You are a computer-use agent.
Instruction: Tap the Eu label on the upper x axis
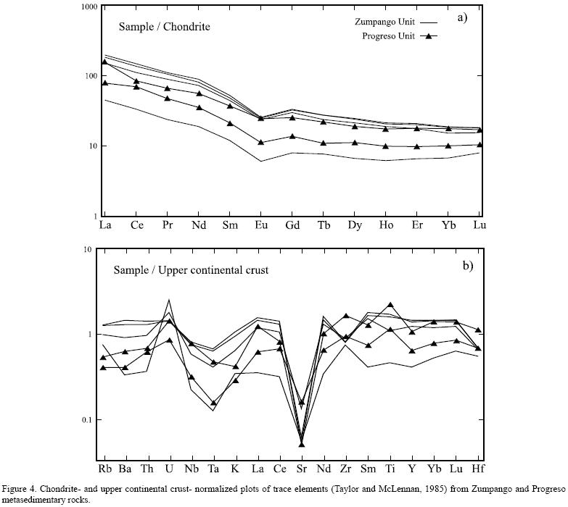click(261, 225)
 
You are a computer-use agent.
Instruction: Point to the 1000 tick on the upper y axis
click(89, 7)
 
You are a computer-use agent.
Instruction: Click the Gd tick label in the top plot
click(292, 225)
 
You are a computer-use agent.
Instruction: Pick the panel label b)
click(468, 265)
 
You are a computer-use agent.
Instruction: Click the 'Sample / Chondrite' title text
click(164, 27)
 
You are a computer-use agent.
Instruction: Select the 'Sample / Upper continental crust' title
click(191, 270)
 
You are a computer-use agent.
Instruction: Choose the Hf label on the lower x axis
click(479, 470)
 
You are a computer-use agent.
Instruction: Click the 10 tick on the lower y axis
click(88, 249)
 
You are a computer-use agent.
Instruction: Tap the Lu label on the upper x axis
click(479, 225)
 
